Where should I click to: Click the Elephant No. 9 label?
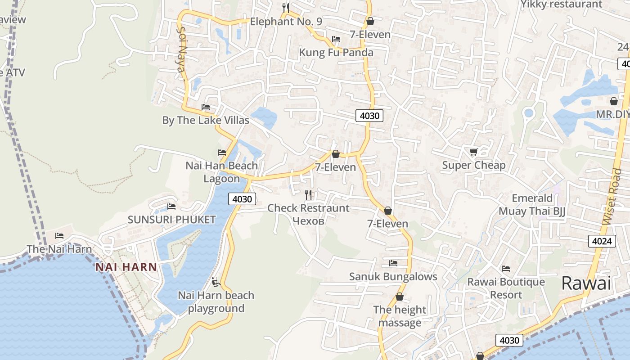[x=286, y=21]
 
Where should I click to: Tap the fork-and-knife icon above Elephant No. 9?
[x=285, y=8]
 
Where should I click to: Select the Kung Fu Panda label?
[x=336, y=53]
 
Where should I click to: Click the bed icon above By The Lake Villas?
[x=206, y=107]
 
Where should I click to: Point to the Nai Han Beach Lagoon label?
[x=222, y=172]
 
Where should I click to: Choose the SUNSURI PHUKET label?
[x=172, y=220]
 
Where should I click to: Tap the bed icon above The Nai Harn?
[x=59, y=236]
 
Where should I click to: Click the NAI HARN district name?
[x=126, y=267]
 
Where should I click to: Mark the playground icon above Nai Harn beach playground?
[x=216, y=282]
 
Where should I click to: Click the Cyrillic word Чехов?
[x=308, y=220]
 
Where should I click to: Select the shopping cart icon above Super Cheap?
[x=473, y=152]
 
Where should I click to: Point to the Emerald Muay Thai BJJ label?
[x=532, y=205]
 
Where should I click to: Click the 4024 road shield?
[x=602, y=241]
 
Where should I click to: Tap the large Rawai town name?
[x=586, y=283]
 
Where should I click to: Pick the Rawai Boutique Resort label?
[x=506, y=288]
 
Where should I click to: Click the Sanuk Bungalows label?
[x=393, y=276]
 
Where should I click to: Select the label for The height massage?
[x=400, y=316]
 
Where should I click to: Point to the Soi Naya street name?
[x=181, y=49]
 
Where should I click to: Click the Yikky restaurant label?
[x=561, y=4]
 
